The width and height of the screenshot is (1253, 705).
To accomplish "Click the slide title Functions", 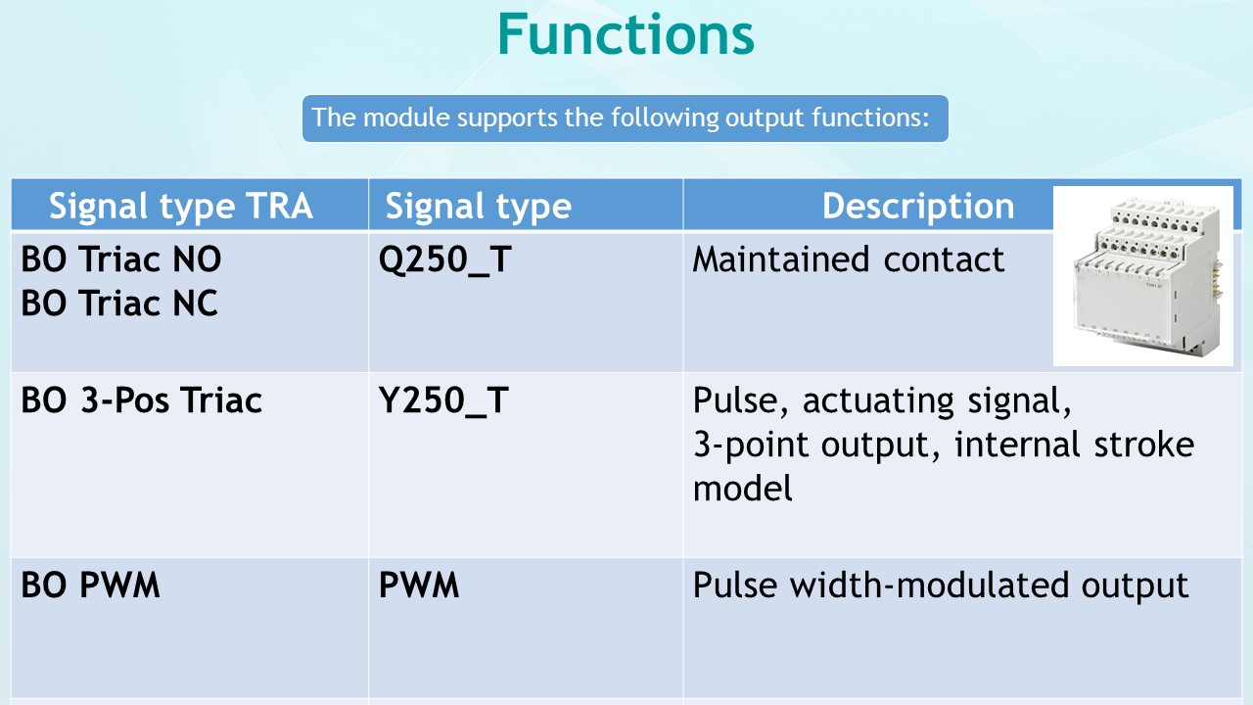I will point(626,34).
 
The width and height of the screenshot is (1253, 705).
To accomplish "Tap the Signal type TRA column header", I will point(181,207).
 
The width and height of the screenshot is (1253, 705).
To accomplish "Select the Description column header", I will point(917,207).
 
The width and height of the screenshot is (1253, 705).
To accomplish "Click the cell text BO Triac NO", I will point(121,259).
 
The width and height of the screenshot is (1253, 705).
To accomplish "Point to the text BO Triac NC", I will point(119,304).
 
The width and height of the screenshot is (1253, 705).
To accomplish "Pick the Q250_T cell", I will point(445,259).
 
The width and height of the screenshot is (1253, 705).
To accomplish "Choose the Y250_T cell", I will point(443,400).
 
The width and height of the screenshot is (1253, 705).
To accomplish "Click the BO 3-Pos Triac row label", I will point(142,400).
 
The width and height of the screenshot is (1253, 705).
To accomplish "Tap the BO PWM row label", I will point(90,586).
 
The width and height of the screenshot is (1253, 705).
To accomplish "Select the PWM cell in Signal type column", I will point(419,586).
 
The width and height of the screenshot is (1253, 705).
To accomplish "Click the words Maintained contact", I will point(849,259).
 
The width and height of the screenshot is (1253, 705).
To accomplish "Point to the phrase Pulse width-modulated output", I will point(940,586).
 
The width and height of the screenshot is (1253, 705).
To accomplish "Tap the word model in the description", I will point(742,488).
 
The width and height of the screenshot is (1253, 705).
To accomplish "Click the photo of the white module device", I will point(1142,276).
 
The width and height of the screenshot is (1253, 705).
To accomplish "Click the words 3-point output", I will point(809,445).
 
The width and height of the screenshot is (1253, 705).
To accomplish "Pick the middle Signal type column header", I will point(478,207).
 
